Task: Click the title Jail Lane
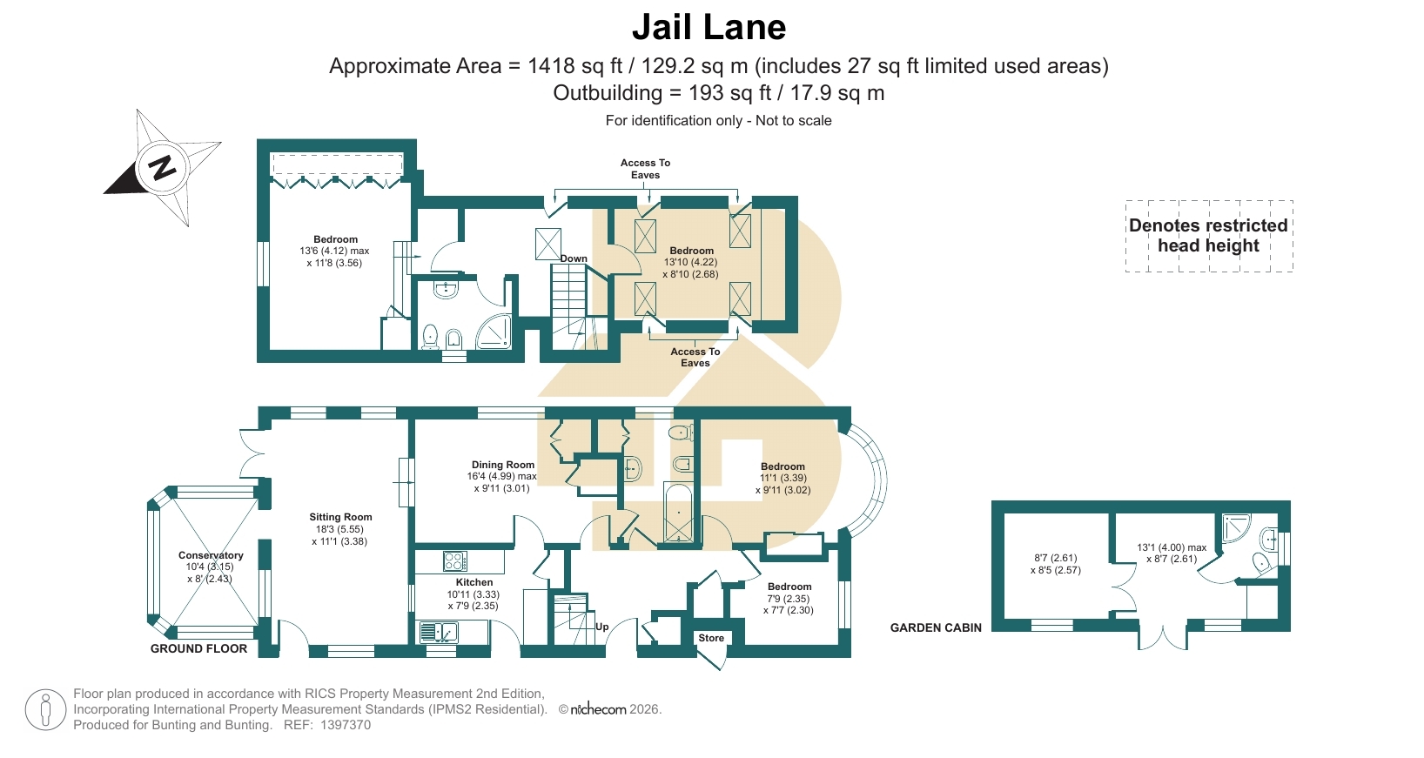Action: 709,27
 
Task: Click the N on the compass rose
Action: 162,168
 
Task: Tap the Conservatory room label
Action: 211,555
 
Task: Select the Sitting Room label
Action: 340,517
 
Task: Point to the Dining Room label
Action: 503,465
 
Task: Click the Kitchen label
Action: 474,582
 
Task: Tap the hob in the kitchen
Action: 455,561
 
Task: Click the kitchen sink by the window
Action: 439,632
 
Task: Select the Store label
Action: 711,638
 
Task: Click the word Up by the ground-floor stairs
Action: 602,627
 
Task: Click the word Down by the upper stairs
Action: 574,258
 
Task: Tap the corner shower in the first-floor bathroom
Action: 494,331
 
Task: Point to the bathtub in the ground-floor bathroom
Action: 678,513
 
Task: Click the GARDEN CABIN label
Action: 936,627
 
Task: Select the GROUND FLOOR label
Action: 199,648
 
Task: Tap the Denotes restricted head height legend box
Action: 1208,236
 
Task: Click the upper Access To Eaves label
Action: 645,169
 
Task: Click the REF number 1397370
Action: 346,725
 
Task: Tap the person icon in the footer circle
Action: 45,710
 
